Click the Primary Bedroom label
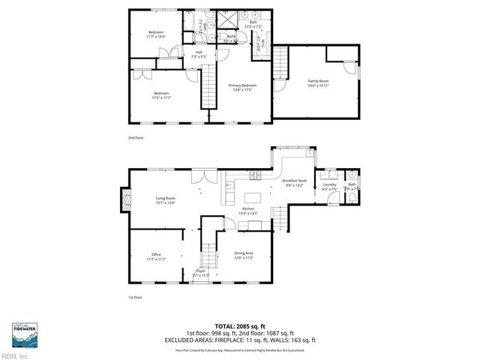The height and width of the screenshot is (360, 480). coord(242,88)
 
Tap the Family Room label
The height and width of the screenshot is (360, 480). coord(319,83)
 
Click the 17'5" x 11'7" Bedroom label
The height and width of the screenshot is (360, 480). coord(162,95)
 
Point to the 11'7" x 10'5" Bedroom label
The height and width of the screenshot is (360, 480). coord(156,34)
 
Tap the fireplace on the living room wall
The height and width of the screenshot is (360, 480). coord(124,200)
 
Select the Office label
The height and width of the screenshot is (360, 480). coord(156,256)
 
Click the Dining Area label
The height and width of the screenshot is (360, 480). coord(243,255)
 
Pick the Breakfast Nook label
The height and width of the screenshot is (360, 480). coord(294,182)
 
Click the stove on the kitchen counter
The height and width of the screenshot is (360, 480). coord(255,175)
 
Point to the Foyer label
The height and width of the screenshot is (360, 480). coord(201,273)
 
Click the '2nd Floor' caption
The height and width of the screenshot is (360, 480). coord(136,139)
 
